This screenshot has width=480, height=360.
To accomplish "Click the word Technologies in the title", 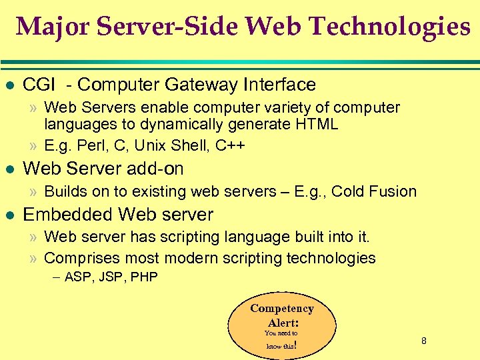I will (x=391, y=27).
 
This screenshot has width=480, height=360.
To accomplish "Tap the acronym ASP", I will (x=79, y=277).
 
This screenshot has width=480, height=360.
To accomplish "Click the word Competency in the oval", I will (x=281, y=308).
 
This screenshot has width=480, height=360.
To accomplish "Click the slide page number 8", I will (x=423, y=341).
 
